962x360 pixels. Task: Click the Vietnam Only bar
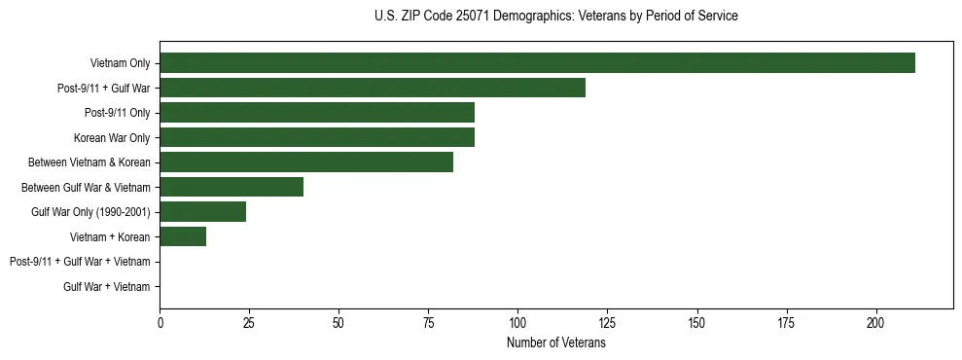coord(537,63)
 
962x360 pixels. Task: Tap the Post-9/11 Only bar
coord(317,113)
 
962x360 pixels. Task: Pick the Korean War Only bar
coord(317,137)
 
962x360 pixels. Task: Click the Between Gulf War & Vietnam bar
coord(232,187)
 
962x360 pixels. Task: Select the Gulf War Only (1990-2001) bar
coord(202,212)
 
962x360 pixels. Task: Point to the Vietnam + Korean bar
coord(183,236)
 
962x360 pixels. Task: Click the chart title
coord(555,17)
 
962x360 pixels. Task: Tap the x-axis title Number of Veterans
coord(555,343)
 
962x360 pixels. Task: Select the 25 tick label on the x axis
coord(249,321)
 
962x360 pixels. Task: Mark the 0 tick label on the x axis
coord(160,321)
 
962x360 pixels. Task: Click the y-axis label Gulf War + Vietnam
coord(107,287)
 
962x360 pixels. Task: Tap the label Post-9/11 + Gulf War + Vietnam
coord(80,262)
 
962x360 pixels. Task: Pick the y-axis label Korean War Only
coord(112,138)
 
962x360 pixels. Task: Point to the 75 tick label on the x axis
coord(428,321)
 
